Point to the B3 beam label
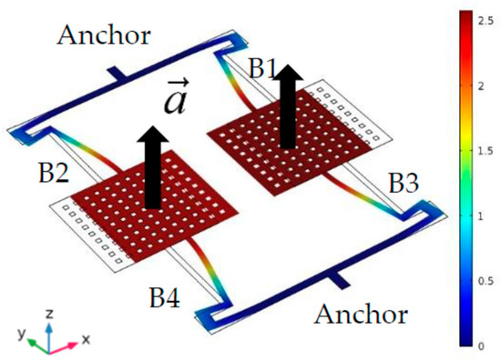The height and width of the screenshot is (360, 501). tap(406, 183)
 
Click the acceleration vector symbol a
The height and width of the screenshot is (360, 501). tap(177, 97)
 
